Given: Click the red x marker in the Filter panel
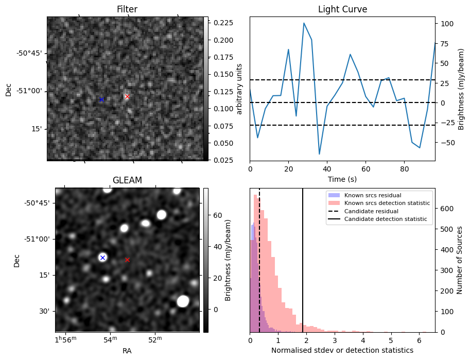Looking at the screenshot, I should pyautogui.click(x=127, y=96).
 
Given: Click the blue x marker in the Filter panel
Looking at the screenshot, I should pyautogui.click(x=101, y=99).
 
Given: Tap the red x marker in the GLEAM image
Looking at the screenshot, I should pyautogui.click(x=127, y=260).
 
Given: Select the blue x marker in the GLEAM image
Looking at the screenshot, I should pyautogui.click(x=102, y=258).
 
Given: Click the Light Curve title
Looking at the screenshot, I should pyautogui.click(x=342, y=9).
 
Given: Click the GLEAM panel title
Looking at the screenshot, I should pyautogui.click(x=127, y=180).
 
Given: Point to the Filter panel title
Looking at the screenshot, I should pyautogui.click(x=127, y=9).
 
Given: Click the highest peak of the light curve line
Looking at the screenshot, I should pyautogui.click(x=304, y=23).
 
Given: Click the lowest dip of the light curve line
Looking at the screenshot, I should pyautogui.click(x=319, y=154).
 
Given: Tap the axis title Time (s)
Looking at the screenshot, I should pyautogui.click(x=342, y=179).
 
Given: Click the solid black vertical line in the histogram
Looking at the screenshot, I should pyautogui.click(x=303, y=268).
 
